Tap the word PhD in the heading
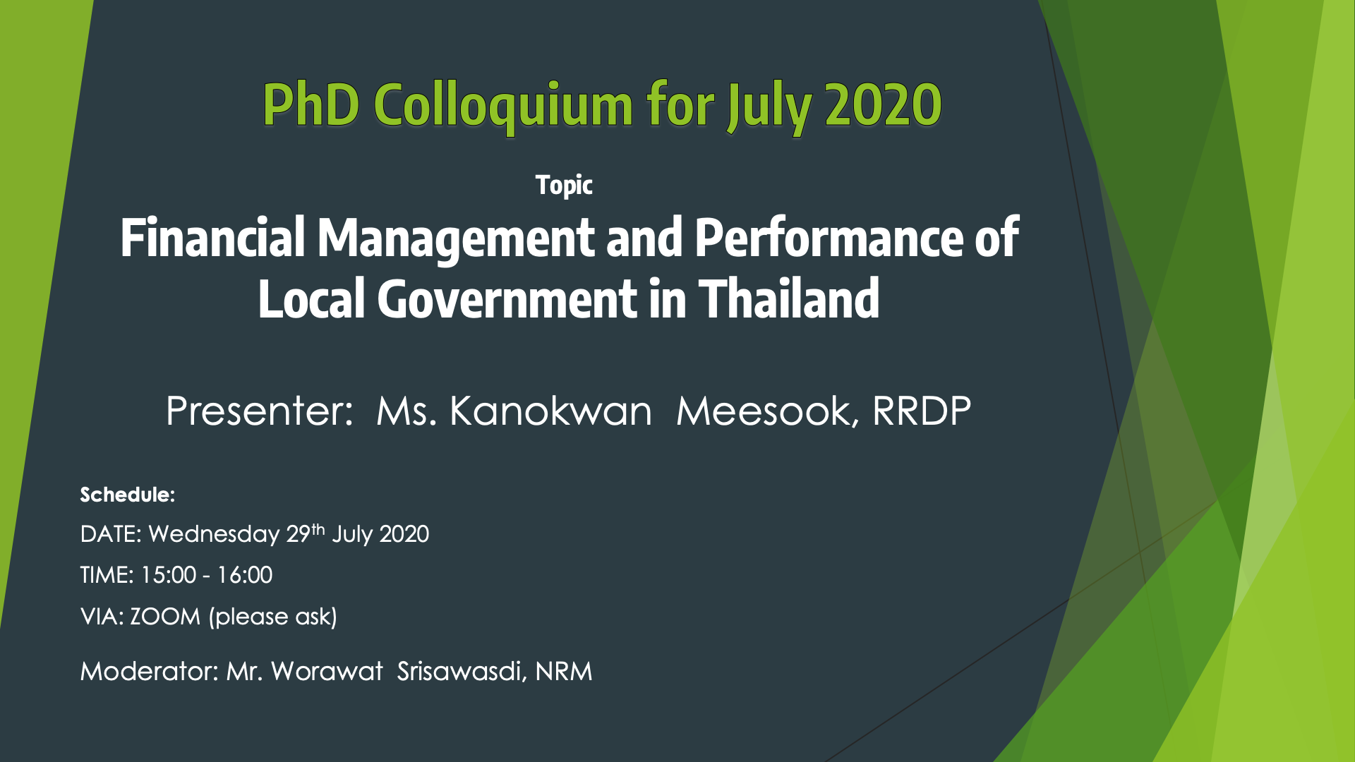(x=311, y=104)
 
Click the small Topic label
(x=564, y=186)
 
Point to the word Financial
(x=212, y=236)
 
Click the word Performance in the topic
(x=829, y=236)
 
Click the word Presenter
(x=259, y=411)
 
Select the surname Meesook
(x=768, y=411)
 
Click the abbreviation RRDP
(x=922, y=411)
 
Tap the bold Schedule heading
(x=128, y=495)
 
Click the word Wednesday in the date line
(x=214, y=534)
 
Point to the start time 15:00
(x=168, y=575)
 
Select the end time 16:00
(x=244, y=575)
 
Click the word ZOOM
(x=165, y=617)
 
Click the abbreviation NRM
(x=564, y=671)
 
